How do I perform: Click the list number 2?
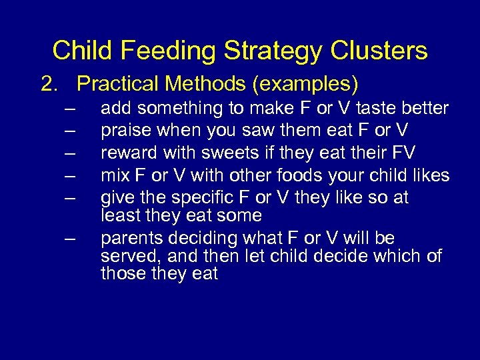49,84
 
